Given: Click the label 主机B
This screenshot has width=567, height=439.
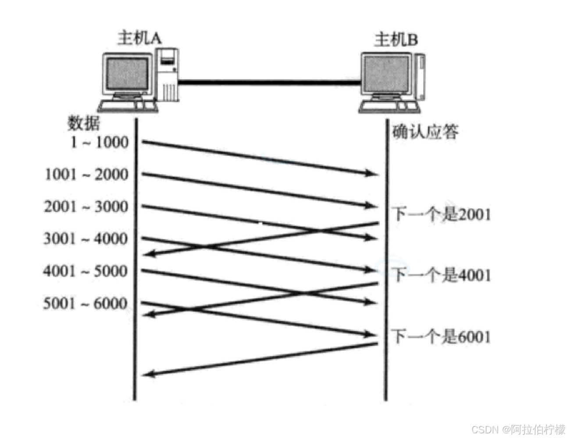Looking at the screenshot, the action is point(396,40).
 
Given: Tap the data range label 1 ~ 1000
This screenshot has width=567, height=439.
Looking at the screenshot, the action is point(100,142).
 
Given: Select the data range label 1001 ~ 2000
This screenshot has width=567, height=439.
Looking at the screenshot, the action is point(87,174).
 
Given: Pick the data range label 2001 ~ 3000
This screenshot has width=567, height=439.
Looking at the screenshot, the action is point(86,206).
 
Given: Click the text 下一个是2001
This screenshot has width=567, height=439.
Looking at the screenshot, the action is point(441,214).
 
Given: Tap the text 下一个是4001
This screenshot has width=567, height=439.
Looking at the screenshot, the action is point(441,275).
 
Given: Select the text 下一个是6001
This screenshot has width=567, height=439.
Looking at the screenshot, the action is point(441,337).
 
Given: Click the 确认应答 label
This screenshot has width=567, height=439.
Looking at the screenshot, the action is point(425,132).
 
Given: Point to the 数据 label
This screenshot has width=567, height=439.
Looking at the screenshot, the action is point(83,123).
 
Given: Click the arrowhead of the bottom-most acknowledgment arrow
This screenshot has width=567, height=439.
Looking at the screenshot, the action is point(149,374).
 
